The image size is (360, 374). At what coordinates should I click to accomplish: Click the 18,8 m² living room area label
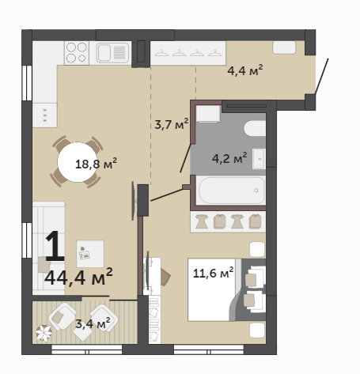(x=96, y=164)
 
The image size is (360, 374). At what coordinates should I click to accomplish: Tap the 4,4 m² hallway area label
(x=245, y=70)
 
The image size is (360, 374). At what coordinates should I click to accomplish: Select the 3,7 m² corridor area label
(x=172, y=124)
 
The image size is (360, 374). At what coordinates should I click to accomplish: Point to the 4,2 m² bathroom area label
(x=229, y=158)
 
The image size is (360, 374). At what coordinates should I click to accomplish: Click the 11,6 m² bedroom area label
(x=213, y=273)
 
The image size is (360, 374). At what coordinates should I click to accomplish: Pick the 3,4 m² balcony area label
(x=93, y=323)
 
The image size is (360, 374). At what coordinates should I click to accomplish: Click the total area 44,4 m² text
(x=78, y=277)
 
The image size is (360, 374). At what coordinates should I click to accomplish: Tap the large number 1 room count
(x=55, y=246)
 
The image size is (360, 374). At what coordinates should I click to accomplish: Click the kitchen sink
(x=112, y=53)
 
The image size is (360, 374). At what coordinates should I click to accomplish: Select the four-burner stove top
(x=77, y=53)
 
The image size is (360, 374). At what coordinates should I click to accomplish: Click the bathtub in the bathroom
(x=232, y=191)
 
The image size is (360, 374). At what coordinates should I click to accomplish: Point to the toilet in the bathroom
(x=255, y=128)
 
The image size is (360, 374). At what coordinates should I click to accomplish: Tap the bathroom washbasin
(x=259, y=159)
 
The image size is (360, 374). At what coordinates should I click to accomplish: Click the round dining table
(x=78, y=162)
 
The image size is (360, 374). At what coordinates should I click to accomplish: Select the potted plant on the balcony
(x=44, y=333)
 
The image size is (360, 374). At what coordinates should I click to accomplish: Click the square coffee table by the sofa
(x=90, y=254)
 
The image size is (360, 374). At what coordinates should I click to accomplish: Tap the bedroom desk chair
(x=165, y=277)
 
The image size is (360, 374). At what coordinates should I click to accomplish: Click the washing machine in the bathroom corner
(x=208, y=114)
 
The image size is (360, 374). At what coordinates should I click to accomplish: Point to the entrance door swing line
(x=322, y=76)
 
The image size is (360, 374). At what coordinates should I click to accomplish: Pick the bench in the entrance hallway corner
(x=284, y=47)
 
